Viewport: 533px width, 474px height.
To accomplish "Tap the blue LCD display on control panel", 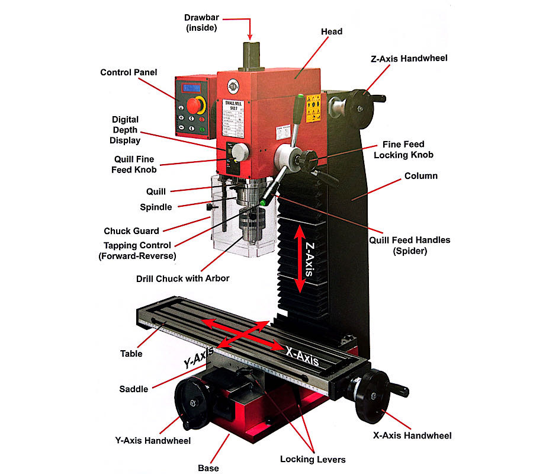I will click(191, 88).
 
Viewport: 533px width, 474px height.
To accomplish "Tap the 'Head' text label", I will click(331, 31).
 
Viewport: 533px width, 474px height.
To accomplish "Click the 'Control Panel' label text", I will click(129, 72).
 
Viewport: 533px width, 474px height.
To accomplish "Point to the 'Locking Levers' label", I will click(313, 459).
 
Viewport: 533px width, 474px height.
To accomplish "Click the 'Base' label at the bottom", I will click(208, 468).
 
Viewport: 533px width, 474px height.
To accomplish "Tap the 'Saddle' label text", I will click(134, 389).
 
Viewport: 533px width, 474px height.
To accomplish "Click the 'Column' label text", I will click(420, 176).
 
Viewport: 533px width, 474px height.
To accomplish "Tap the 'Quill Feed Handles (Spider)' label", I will click(410, 245).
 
